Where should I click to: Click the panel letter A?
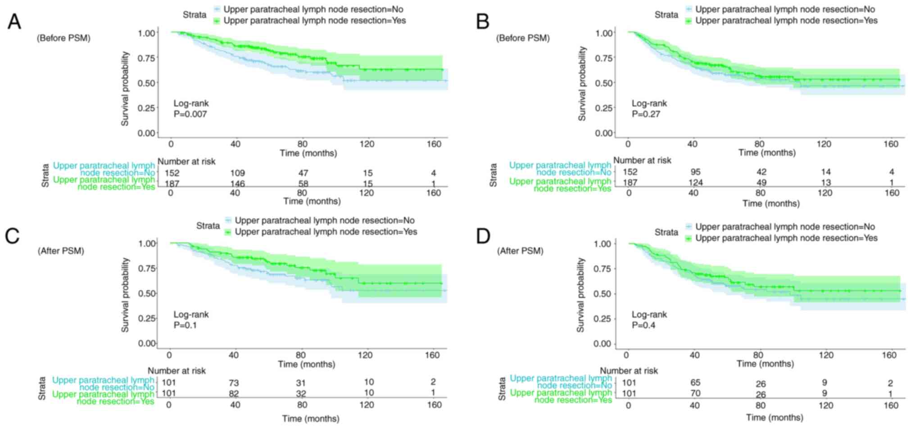[14, 21]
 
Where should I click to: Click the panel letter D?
[483, 236]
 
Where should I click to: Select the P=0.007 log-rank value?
[190, 114]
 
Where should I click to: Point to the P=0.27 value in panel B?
[646, 114]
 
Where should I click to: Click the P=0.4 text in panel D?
[643, 325]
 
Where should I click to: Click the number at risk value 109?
[237, 173]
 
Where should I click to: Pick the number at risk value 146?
[237, 184]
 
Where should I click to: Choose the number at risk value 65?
[695, 383]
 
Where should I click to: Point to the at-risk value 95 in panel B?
[693, 172]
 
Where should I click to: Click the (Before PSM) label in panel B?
[523, 38]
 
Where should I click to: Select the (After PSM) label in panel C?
[61, 251]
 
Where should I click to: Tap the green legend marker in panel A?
[217, 21]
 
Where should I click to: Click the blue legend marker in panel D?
[689, 227]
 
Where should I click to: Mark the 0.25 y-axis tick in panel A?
[147, 108]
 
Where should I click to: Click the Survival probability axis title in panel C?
[125, 295]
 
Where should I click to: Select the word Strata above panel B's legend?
[666, 15]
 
